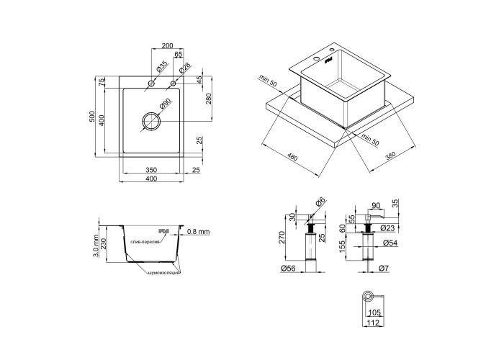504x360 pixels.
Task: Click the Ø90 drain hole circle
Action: click(143, 121)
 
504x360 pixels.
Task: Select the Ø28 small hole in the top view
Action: click(173, 84)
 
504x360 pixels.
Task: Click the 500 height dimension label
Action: click(92, 117)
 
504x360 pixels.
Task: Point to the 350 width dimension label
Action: click(151, 170)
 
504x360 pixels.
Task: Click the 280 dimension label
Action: click(208, 99)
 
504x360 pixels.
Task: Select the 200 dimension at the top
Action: click(167, 45)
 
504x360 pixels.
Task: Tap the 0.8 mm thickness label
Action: click(198, 231)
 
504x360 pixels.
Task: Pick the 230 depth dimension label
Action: click(104, 243)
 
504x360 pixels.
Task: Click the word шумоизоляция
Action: click(164, 273)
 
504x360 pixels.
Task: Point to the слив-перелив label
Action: click(145, 242)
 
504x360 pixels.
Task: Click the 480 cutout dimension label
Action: click(292, 158)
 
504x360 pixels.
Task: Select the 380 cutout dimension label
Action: click(390, 156)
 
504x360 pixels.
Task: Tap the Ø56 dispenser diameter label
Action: click(288, 268)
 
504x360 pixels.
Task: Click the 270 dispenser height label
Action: click(282, 237)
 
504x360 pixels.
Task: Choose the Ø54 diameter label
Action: click(390, 243)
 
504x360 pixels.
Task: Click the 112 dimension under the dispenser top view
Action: click(374, 323)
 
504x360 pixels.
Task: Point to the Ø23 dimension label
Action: click(387, 228)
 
